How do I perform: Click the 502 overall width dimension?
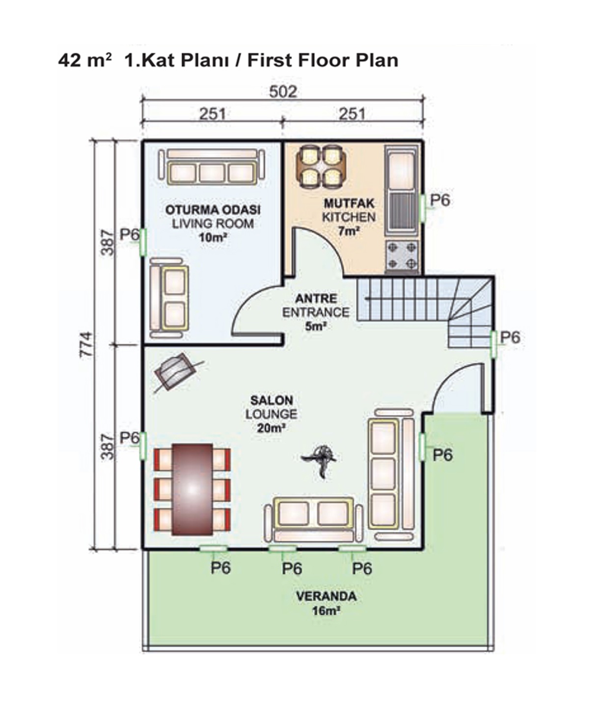tap(283, 92)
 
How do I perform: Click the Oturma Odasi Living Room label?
tap(213, 224)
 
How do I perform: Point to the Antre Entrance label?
tap(316, 312)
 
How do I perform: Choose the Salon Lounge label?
tap(271, 414)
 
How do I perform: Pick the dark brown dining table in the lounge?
tap(192, 490)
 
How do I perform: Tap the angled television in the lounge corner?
tap(177, 371)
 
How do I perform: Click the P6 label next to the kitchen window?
tap(440, 200)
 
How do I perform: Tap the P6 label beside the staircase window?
tap(510, 337)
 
